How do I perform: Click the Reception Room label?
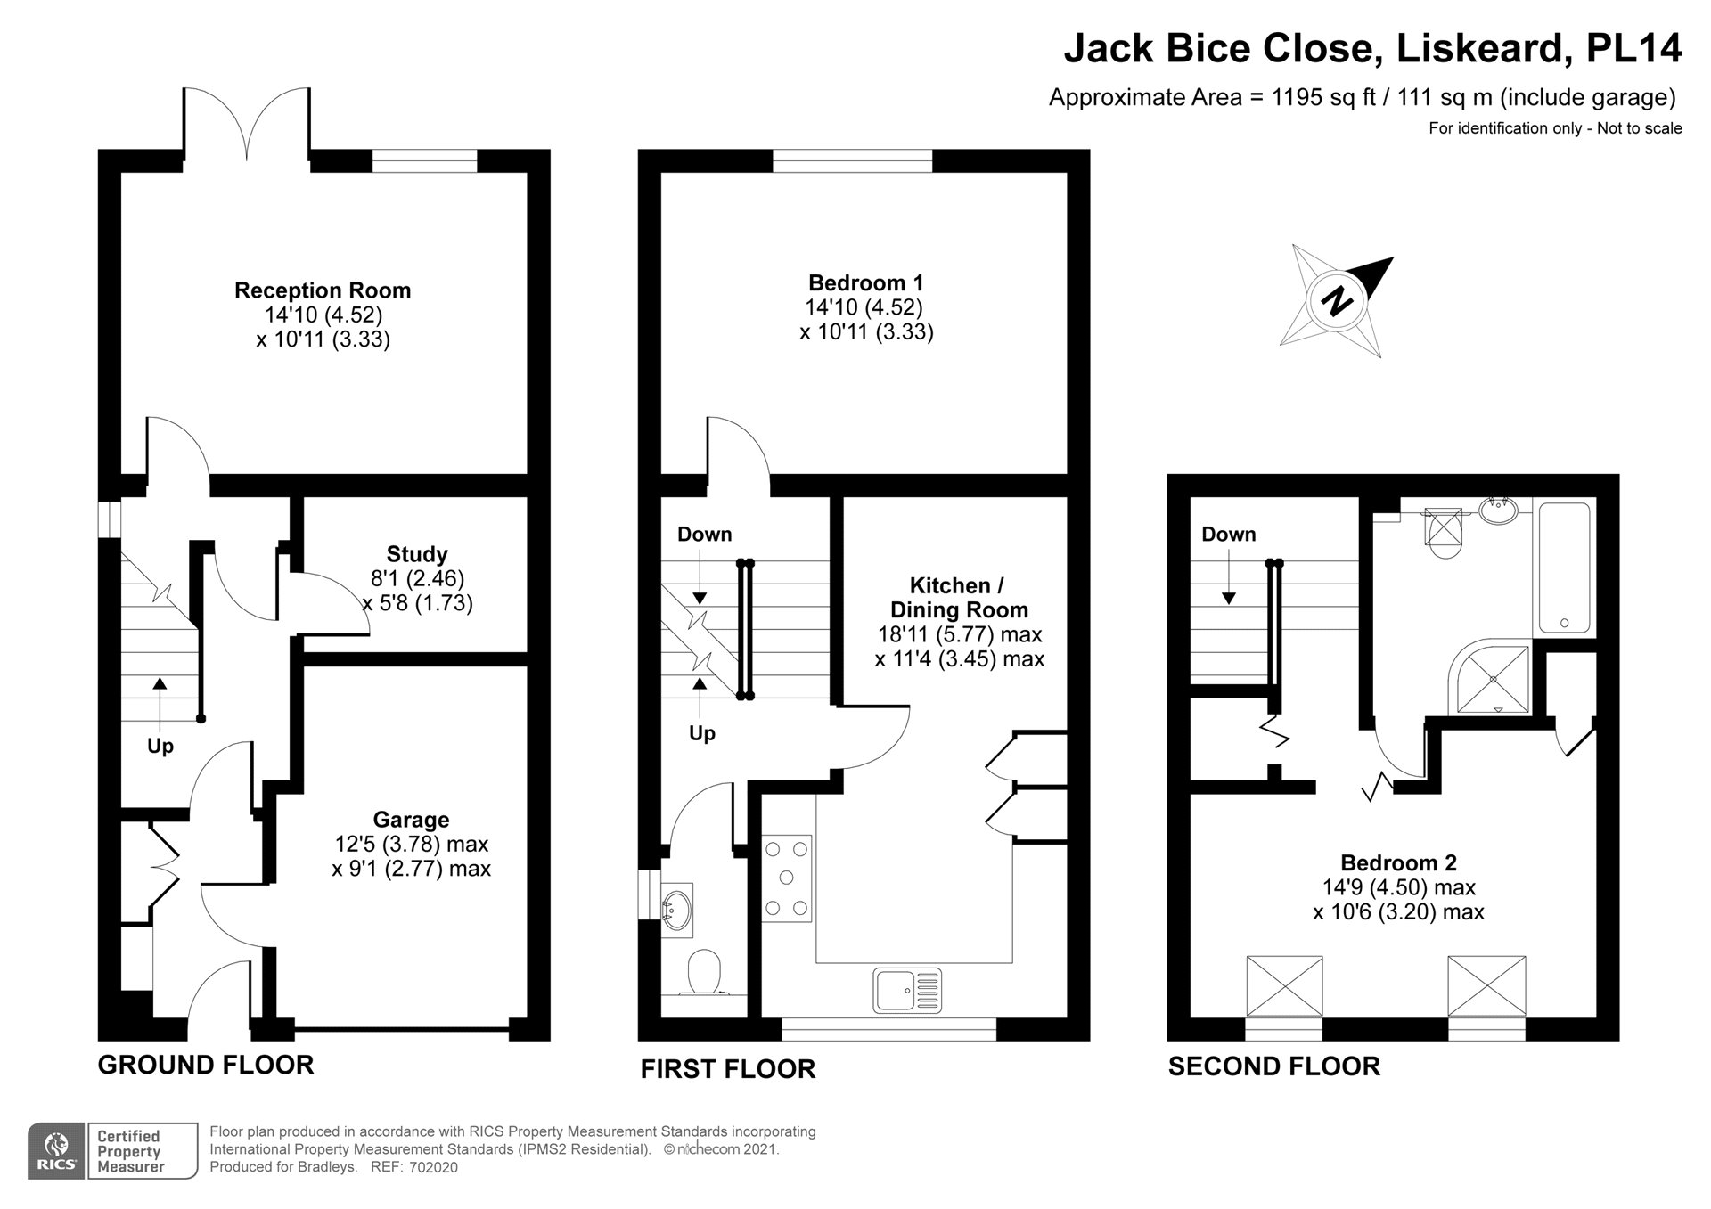323,290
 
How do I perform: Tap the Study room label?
417,554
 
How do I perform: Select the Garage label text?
411,820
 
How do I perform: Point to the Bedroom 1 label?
865,283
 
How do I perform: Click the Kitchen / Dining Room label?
958,598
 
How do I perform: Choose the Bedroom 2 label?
1398,862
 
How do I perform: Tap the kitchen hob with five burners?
786,878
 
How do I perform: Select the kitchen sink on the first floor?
907,990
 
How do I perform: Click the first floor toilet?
705,972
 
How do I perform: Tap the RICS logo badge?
56,1151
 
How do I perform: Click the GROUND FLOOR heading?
206,1065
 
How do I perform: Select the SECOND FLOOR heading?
1273,1066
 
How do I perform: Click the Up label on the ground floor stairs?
160,746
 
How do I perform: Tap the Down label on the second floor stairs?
1228,535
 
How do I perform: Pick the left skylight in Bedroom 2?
1284,985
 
